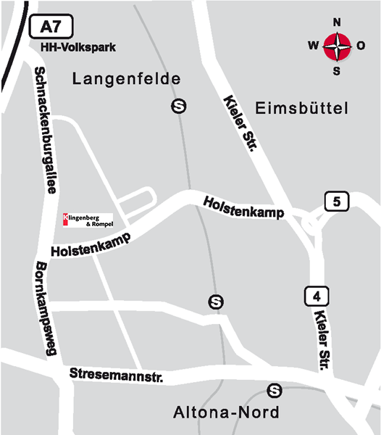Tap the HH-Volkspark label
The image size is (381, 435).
coord(78,48)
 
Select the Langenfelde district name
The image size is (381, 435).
coord(127,79)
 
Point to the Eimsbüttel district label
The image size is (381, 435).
coord(302,109)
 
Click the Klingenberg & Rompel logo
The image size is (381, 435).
coord(88,220)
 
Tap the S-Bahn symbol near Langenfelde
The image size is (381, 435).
coord(178,107)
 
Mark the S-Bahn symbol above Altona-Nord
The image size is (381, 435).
coord(274,391)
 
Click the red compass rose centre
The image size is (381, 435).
coord(337,46)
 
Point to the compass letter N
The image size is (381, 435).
coord(337,22)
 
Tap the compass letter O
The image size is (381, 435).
coord(361,46)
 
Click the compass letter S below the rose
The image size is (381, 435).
coord(337,71)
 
